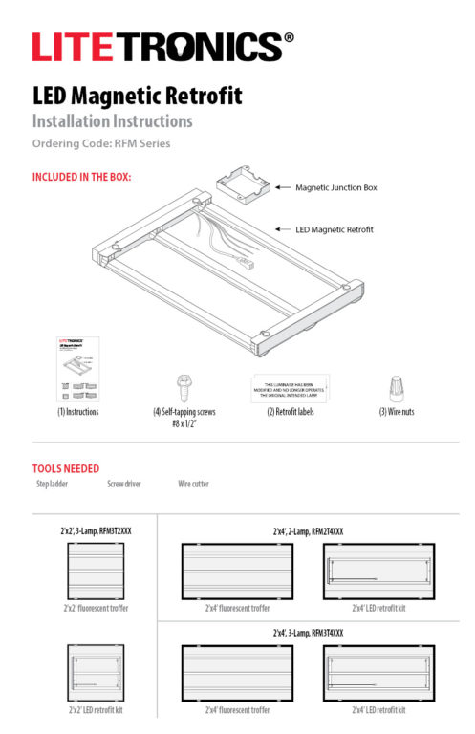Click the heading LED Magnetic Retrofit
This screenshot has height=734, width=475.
click(137, 97)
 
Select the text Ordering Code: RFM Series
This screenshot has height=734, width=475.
click(101, 144)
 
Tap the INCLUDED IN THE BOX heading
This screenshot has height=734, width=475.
click(81, 177)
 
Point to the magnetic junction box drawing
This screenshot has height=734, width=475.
click(241, 183)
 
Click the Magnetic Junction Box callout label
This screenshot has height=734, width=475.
click(336, 187)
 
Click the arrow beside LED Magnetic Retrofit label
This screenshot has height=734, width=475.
click(282, 229)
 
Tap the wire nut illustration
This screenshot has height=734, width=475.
click(395, 387)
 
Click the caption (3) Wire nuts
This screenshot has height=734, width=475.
click(394, 412)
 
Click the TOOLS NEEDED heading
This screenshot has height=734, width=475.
click(66, 469)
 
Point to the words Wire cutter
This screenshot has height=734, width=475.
click(193, 485)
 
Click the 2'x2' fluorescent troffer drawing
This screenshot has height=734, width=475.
click(96, 570)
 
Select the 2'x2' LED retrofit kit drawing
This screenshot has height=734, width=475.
click(96, 673)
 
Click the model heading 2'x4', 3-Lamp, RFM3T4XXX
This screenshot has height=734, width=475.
click(308, 633)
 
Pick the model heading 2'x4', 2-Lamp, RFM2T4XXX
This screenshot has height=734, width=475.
click(308, 530)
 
